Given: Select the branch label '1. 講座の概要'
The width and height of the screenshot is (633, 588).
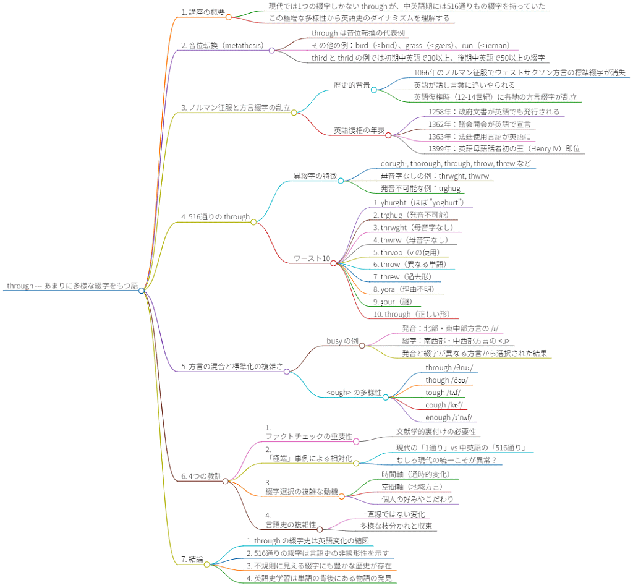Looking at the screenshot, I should (203, 12).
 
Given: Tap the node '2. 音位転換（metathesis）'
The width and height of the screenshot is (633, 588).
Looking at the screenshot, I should (223, 45).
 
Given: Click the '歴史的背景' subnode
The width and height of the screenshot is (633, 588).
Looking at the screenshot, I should (352, 85).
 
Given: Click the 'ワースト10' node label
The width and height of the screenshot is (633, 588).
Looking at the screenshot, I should (312, 258).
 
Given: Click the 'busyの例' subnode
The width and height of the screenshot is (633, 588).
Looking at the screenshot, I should (342, 341).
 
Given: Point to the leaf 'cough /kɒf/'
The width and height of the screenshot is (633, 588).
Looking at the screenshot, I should (442, 405).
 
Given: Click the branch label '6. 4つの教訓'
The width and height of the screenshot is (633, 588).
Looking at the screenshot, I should (201, 476).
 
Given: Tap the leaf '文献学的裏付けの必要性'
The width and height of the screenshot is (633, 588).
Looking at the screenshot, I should (436, 432).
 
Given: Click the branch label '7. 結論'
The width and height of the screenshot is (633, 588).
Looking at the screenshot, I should (192, 559).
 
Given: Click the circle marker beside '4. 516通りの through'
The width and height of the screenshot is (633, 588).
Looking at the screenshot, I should (253, 222).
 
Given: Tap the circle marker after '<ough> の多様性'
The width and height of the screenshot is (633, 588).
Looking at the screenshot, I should (385, 397).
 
